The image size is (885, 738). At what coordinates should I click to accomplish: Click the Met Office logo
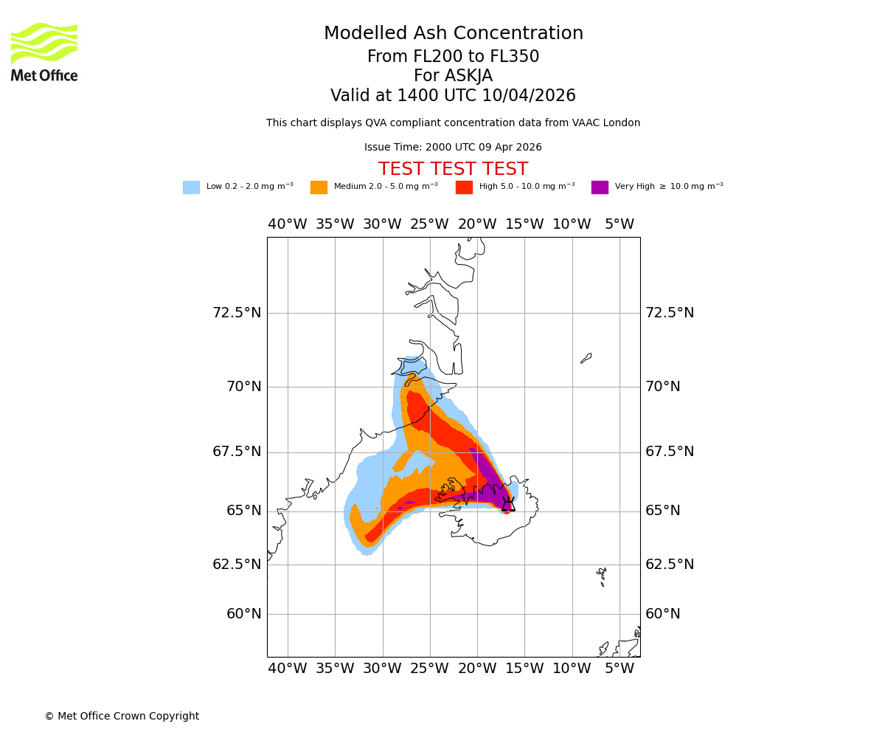pos(44,52)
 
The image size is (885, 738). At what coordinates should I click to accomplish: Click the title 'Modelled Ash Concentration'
pos(453,34)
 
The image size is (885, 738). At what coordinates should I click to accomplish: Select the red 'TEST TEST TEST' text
pos(453,170)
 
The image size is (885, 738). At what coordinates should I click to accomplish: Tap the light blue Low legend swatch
pos(191,187)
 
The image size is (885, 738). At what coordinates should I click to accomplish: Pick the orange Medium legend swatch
pos(319,187)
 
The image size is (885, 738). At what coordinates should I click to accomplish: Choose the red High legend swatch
pos(464,187)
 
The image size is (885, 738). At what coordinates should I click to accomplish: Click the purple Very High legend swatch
pos(600,187)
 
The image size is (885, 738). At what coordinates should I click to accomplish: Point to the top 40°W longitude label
pos(287,224)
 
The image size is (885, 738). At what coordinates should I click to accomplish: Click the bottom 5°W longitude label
pos(619,669)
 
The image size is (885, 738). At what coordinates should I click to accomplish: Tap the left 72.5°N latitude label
pos(237,313)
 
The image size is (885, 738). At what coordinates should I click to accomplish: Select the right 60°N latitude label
pos(663,614)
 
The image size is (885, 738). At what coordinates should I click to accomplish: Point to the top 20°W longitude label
pos(476,224)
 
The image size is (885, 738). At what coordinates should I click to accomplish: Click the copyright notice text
pos(122,717)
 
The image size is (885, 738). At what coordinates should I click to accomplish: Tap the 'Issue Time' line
pos(453,148)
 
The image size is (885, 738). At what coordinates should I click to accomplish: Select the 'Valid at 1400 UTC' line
pos(453,96)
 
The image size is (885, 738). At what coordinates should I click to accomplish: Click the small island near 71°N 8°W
pos(586,358)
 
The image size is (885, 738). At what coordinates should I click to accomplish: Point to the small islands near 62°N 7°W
pos(602,576)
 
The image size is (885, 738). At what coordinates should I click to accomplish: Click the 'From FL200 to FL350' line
pos(453,57)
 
